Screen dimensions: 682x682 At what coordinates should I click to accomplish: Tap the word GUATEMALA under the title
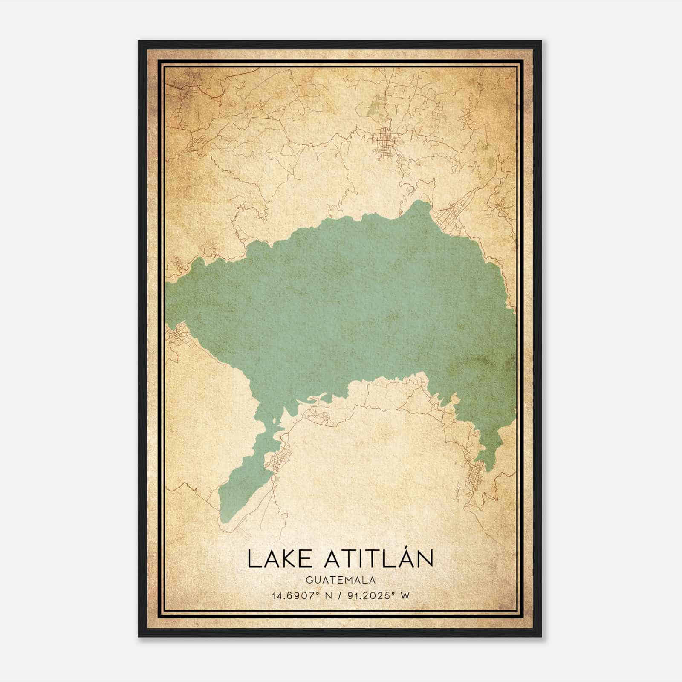click(340, 580)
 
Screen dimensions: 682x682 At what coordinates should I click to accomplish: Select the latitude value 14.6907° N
click(302, 595)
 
